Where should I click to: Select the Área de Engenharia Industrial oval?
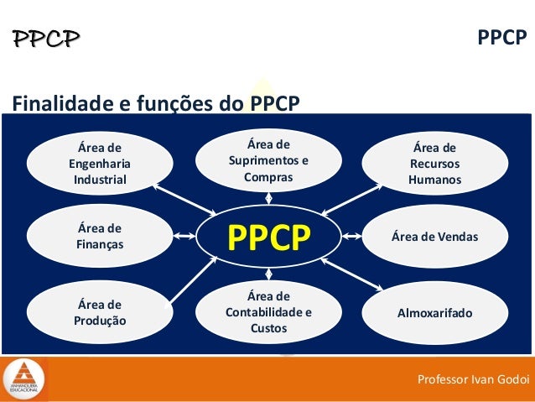100,164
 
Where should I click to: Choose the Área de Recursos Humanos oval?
434,164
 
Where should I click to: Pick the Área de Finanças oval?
100,237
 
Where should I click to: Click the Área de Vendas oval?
434,237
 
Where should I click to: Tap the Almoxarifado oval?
434,313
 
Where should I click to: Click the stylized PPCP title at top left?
46,38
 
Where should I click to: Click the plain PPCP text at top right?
501,38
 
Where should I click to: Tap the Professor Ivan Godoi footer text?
473,380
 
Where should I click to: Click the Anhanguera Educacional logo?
25,379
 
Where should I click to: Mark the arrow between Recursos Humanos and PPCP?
351,198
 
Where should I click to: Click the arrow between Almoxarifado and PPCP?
351,274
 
